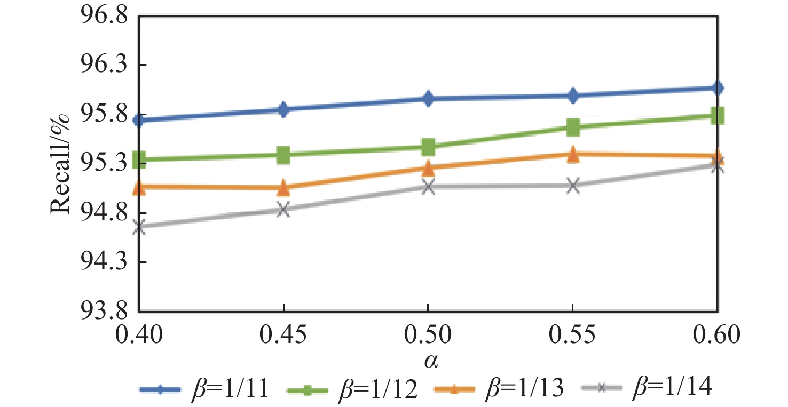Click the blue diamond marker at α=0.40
139,120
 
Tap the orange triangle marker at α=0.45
284,187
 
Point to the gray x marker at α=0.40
139,227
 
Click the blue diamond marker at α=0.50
428,98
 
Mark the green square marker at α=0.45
284,155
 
